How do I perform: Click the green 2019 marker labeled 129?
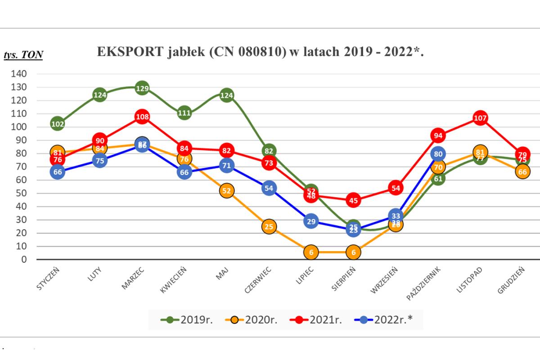point(142,88)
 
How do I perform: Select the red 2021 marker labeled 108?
point(142,117)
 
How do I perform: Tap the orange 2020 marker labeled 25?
point(269,226)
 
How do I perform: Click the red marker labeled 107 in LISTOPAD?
point(480,118)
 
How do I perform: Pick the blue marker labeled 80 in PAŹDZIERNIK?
point(438,153)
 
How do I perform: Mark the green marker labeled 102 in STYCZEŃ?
point(58,124)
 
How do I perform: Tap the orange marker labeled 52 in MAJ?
point(226,190)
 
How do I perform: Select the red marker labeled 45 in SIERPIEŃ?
point(353,200)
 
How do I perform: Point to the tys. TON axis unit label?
point(23,55)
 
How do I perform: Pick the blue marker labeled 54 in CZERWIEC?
point(269,188)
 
